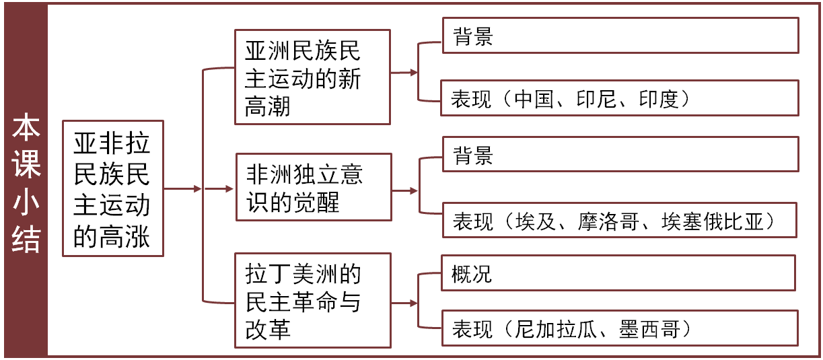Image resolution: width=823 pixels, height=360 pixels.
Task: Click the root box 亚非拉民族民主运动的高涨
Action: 112,189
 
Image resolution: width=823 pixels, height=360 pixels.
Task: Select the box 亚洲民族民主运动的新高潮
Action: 312,77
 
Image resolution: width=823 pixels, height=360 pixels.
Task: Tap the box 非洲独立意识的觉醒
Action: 314,187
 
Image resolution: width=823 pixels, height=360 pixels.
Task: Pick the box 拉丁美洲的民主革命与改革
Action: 312,301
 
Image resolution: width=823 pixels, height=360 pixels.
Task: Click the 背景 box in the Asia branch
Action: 620,36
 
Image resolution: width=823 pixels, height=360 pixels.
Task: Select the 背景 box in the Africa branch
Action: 620,154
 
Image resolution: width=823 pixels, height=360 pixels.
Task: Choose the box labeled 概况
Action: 618,273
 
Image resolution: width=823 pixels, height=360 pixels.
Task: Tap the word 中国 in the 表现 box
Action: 533,99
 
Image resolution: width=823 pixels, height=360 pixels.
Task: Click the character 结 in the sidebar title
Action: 26,239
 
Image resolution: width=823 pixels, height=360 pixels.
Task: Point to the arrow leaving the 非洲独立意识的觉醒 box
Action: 404,191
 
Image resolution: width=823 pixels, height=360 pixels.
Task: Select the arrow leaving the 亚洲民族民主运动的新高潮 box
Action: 403,72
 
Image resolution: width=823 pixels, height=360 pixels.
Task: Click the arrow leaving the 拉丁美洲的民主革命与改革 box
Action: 403,303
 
